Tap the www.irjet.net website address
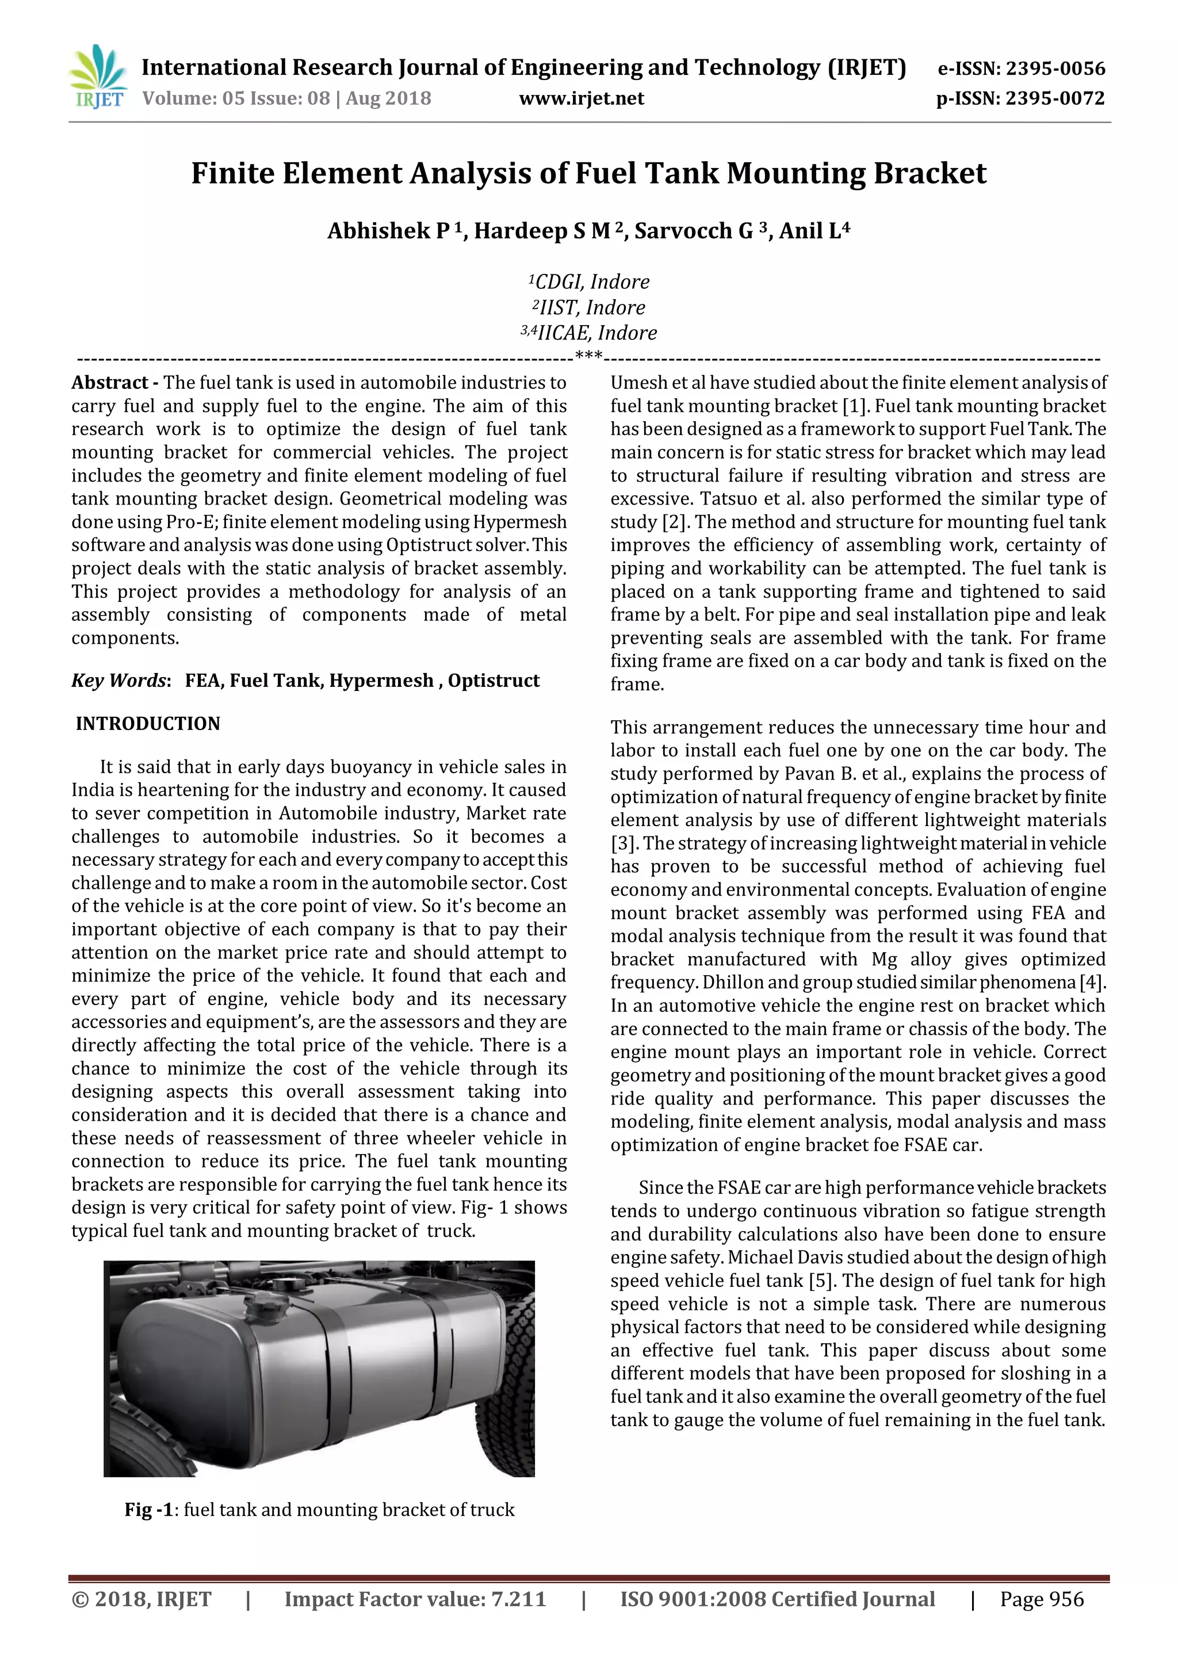pos(581,99)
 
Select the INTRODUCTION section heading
pos(147,724)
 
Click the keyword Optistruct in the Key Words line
pos(494,681)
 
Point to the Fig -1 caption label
pos(150,1510)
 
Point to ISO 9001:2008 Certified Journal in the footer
pos(777,1599)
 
